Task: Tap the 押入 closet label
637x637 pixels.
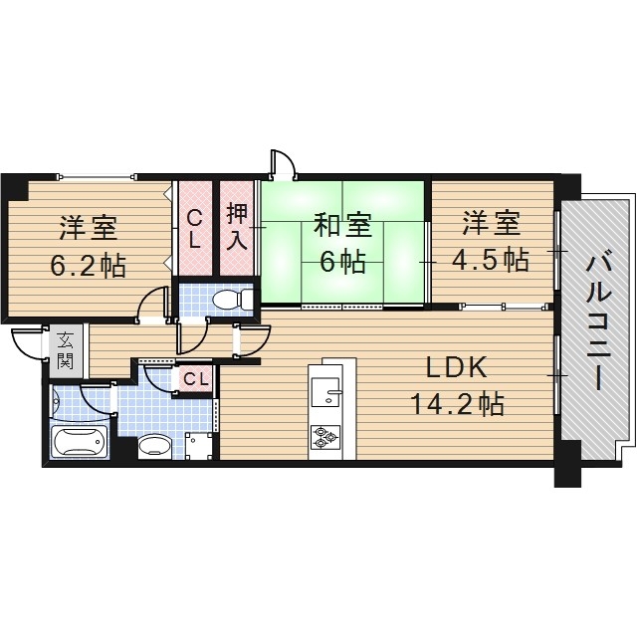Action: [237, 226]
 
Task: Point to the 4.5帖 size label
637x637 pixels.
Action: [490, 261]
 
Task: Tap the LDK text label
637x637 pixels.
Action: [456, 369]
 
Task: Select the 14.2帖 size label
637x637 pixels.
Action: [456, 404]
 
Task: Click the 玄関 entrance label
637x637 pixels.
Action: [65, 349]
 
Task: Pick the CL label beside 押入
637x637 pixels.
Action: [195, 228]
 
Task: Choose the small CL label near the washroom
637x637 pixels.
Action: [195, 378]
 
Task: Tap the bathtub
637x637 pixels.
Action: [79, 441]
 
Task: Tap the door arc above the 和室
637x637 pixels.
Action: [283, 163]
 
